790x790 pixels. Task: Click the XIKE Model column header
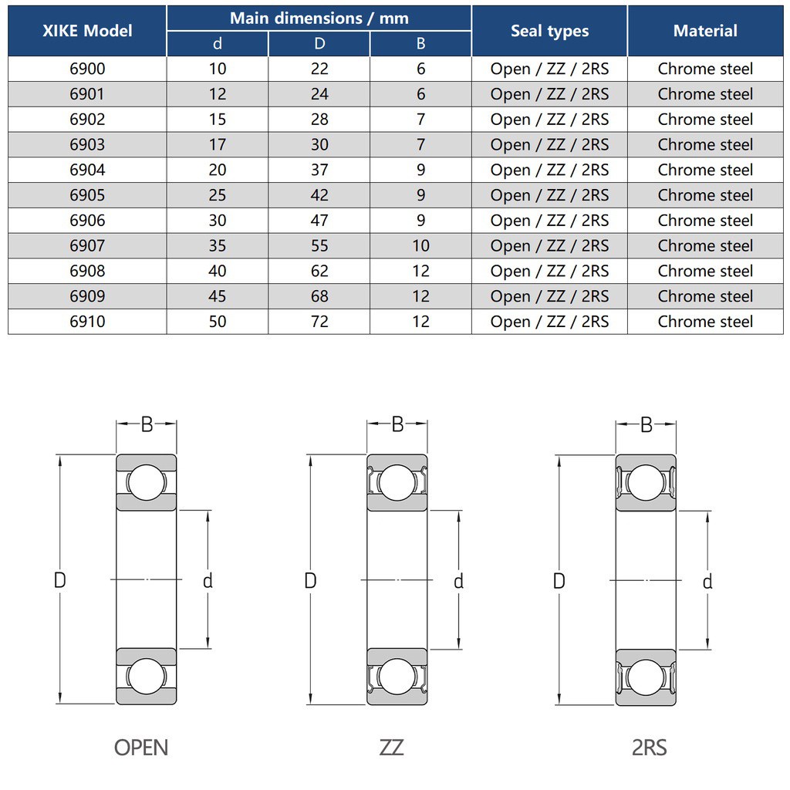(87, 31)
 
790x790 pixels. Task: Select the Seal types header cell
(549, 31)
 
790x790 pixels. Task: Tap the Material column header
(705, 31)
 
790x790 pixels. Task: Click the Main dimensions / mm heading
(319, 19)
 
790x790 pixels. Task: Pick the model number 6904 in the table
(87, 170)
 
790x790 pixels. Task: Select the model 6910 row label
(87, 322)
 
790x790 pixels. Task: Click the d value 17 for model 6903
(217, 144)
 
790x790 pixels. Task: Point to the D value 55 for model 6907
(319, 246)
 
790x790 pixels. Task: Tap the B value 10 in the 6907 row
(420, 246)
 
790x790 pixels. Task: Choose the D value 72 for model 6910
(319, 322)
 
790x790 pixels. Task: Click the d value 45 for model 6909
(217, 296)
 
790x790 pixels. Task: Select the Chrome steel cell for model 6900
(705, 69)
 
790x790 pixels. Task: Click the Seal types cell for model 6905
(549, 195)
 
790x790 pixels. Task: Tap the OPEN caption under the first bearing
(141, 748)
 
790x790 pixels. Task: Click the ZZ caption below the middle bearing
(391, 748)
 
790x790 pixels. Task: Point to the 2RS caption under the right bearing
(650, 748)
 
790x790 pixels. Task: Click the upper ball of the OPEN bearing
(146, 482)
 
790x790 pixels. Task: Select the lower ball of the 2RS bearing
(646, 677)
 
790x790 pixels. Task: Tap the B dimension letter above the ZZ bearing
(397, 424)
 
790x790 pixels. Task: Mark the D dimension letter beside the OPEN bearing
(60, 580)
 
